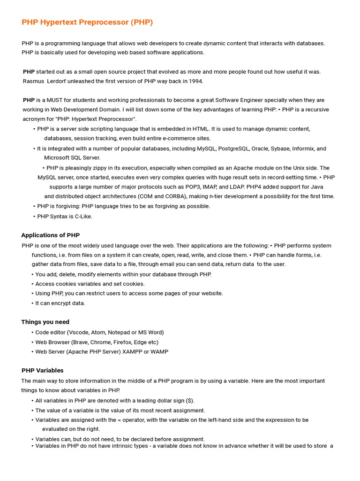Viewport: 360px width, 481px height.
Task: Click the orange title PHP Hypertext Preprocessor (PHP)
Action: (x=87, y=22)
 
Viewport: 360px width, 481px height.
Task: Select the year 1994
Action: (x=196, y=81)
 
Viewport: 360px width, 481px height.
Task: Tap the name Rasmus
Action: (x=34, y=81)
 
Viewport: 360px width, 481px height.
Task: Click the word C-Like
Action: (x=82, y=217)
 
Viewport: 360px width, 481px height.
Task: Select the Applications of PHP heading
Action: (x=51, y=235)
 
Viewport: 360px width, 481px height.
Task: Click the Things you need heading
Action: (x=45, y=322)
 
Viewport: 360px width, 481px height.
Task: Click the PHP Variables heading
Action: (x=43, y=371)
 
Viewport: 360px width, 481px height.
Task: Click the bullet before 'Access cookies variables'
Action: (x=33, y=284)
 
